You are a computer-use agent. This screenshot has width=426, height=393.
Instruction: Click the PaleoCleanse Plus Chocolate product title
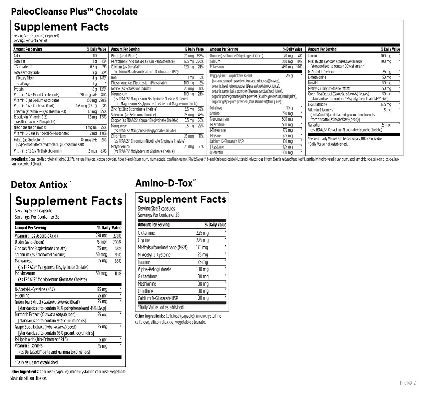74,11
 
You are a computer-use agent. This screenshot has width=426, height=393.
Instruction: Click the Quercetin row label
217,153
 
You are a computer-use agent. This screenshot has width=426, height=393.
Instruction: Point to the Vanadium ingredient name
315,125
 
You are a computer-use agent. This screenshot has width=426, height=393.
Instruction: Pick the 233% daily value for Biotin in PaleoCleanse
200,56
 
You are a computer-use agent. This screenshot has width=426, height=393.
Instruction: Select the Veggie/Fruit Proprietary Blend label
231,76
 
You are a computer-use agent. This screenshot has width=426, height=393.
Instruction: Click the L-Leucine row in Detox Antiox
22,295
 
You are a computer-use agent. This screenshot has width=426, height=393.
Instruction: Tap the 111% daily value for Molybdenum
118,274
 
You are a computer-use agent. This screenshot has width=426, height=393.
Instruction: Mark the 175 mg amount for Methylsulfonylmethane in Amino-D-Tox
202,248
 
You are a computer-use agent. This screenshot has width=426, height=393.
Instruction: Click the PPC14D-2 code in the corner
407,383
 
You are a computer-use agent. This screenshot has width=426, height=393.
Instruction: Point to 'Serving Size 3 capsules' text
156,209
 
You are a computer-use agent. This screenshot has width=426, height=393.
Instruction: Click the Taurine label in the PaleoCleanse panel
313,56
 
